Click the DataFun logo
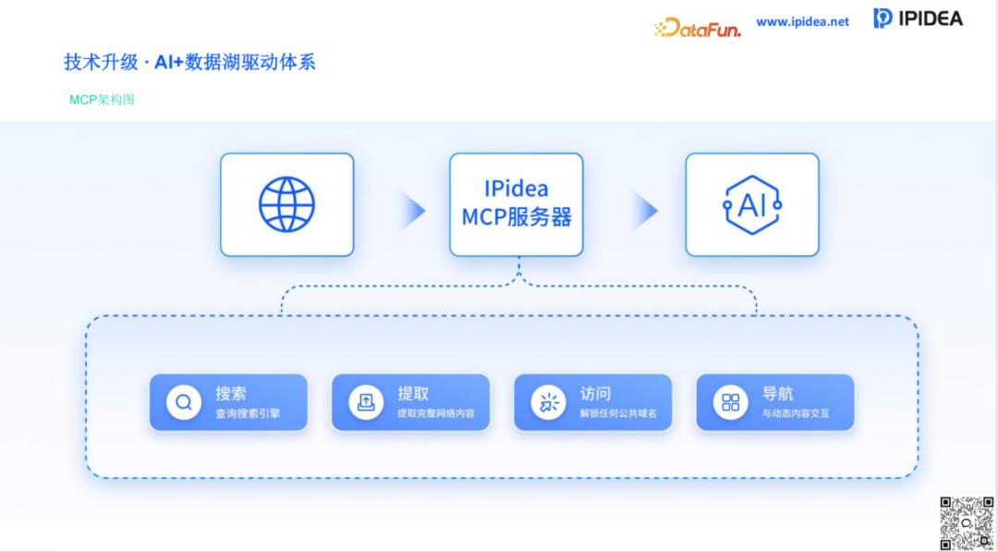coord(698,28)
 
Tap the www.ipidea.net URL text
coord(802,21)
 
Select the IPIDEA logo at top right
coord(918,18)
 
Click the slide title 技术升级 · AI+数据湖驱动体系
coord(189,62)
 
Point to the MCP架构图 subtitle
coord(102,99)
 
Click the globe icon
coord(286,204)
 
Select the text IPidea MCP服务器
coord(517,203)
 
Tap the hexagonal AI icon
coord(752,204)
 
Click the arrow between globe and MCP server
coord(413,211)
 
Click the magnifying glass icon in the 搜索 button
coord(184,402)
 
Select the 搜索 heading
coord(231,393)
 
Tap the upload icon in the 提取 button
coord(366,402)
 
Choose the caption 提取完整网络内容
coord(436,413)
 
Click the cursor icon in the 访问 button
coord(549,402)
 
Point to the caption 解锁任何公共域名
coord(618,413)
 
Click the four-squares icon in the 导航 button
coord(731,402)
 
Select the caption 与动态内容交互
coord(796,413)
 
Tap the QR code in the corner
coord(966,523)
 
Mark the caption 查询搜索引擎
coord(248,413)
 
